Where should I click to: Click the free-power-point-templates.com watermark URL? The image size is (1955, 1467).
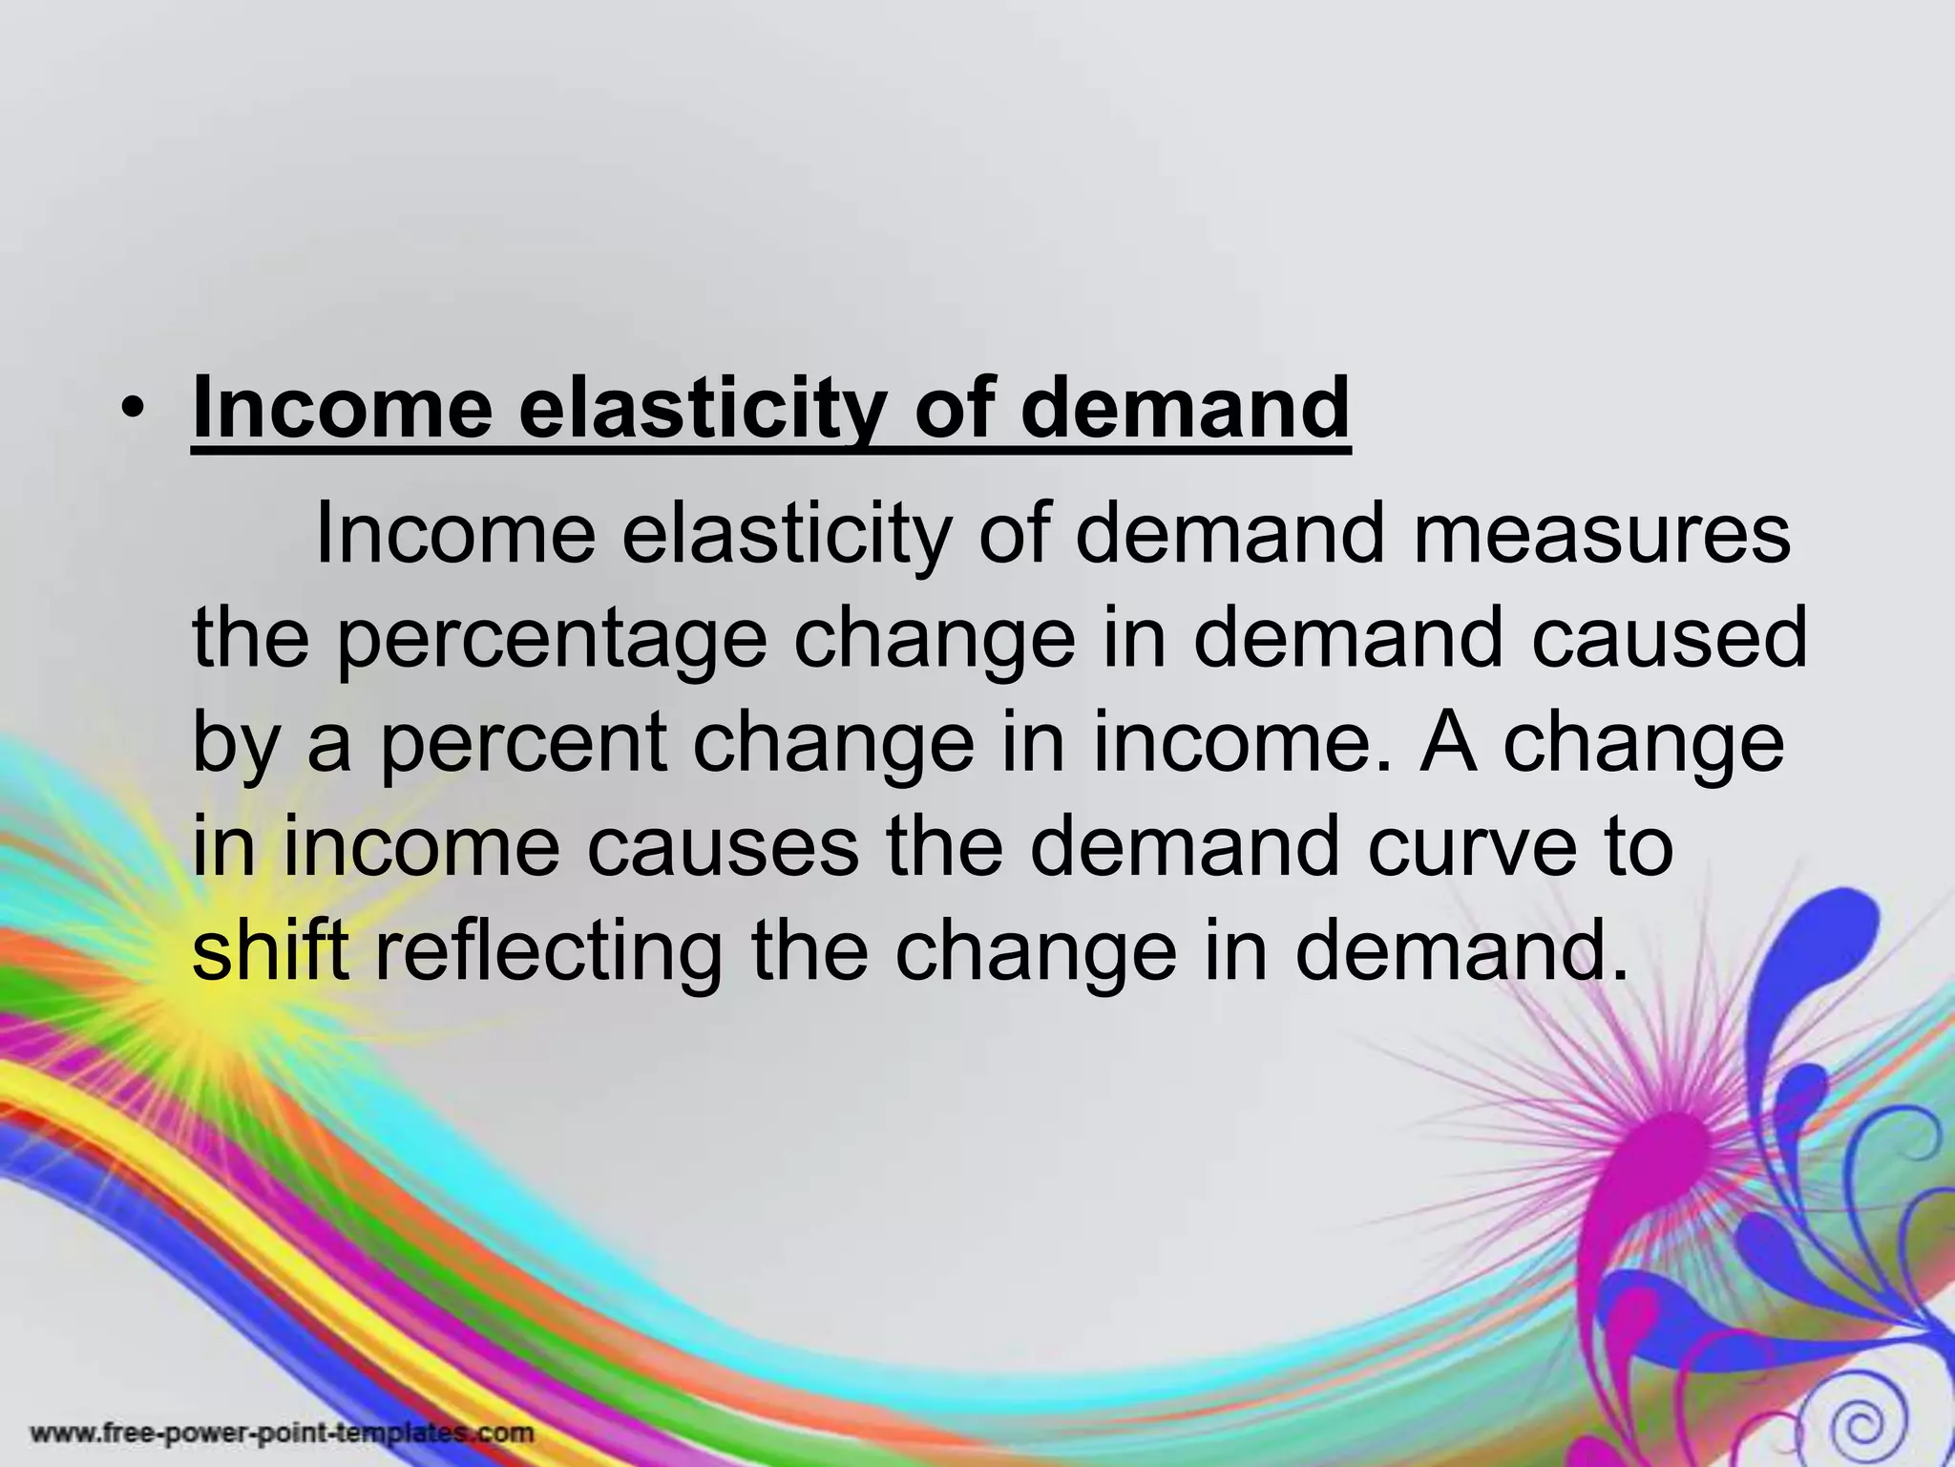pyautogui.click(x=282, y=1433)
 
